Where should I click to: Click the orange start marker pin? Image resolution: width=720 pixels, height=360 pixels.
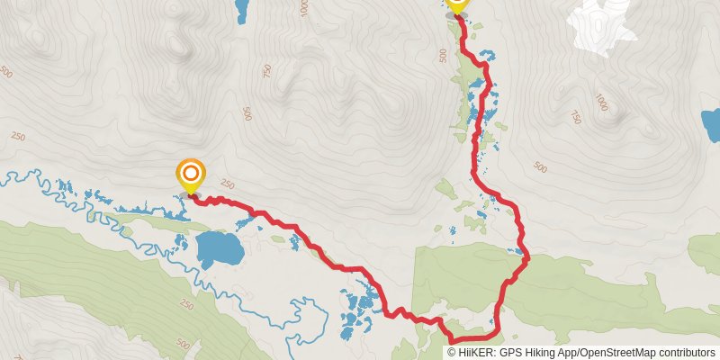pos(191,174)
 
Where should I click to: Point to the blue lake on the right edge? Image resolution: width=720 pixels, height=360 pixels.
pos(711,125)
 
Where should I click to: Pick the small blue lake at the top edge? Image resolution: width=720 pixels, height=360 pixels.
pos(241,10)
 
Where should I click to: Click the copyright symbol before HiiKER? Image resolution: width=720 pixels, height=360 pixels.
pos(452,352)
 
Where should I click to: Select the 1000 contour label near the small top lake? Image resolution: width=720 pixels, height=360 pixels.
pos(303,8)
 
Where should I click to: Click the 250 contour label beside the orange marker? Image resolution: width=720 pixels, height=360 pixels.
pos(227,184)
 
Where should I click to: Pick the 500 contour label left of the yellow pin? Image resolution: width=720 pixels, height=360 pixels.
pos(442,56)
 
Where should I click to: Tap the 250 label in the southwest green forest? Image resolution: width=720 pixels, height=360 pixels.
pos(186,305)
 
